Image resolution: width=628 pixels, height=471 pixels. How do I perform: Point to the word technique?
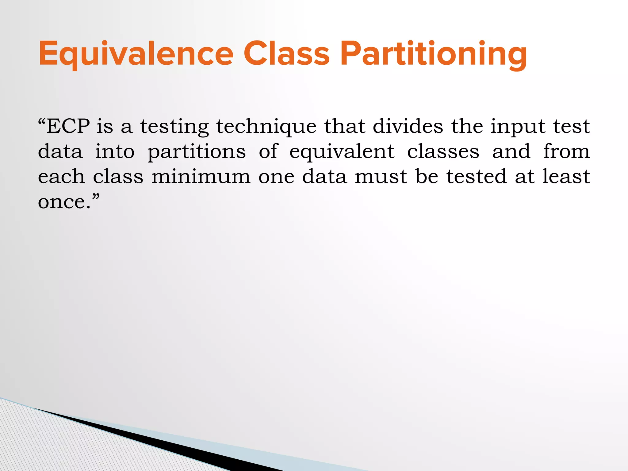266,127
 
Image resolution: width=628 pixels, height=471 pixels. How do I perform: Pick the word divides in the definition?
408,126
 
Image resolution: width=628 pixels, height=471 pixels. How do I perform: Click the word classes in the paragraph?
443,151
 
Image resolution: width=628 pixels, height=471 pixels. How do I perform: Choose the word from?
566,151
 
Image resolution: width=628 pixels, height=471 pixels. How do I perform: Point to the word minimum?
201,177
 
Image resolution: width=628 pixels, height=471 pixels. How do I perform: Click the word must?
381,177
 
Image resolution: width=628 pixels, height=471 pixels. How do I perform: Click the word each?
61,177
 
